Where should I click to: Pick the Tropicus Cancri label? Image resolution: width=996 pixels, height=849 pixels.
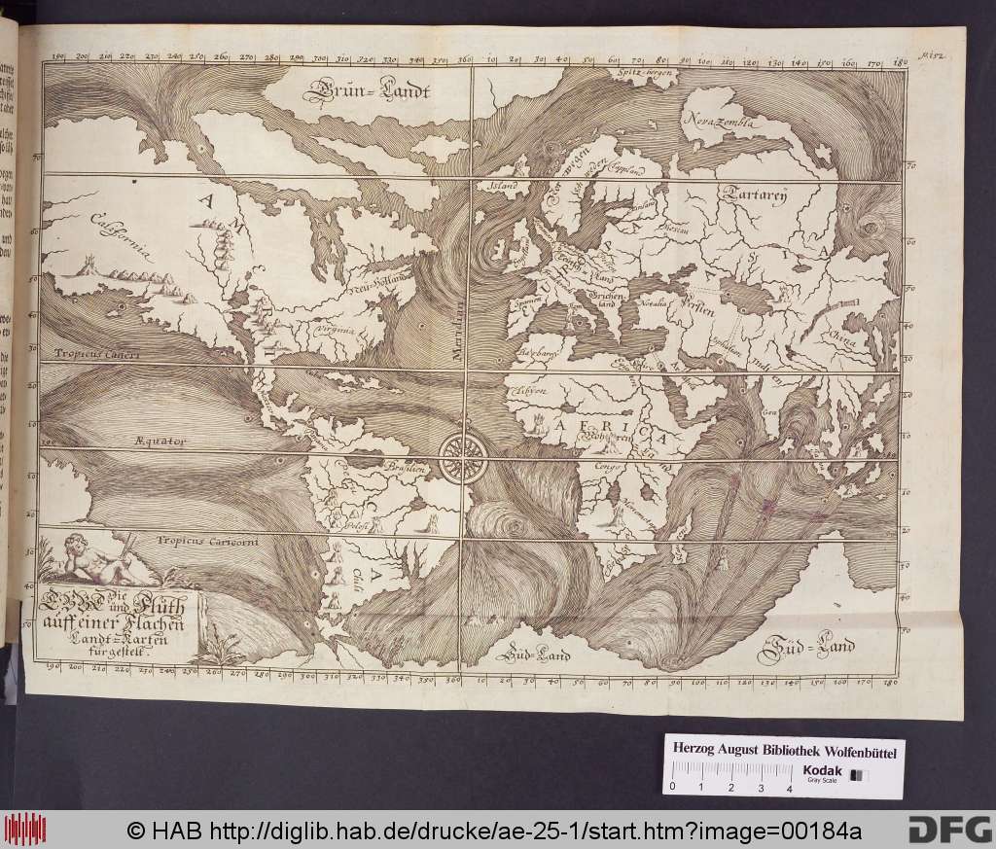[x=97, y=354]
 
